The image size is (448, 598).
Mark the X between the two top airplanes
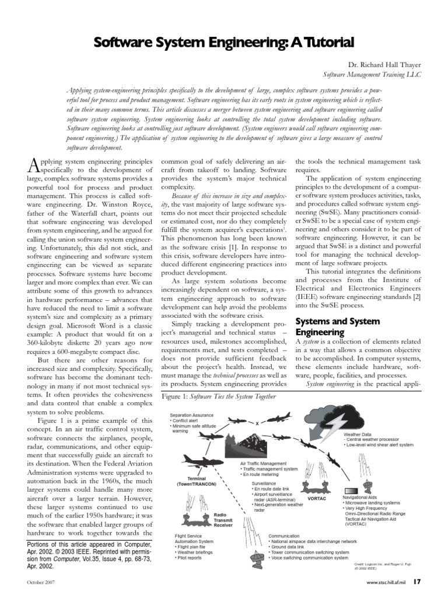[257, 423]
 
